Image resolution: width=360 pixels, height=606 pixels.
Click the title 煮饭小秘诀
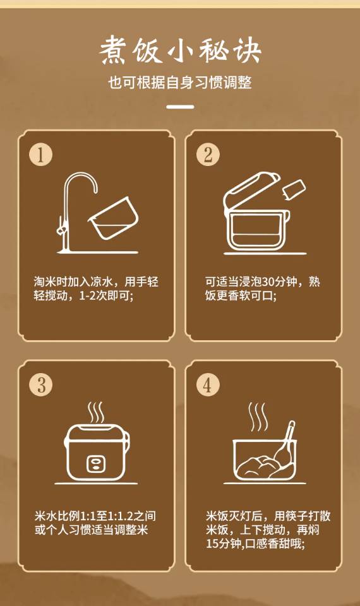[180, 50]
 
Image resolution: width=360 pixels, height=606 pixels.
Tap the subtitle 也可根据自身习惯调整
[180, 83]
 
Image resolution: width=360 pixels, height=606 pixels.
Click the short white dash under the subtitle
[180, 106]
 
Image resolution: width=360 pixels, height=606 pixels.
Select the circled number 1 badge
[40, 155]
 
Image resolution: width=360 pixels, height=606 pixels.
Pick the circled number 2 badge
[208, 155]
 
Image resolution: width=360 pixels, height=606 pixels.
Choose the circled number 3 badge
[40, 385]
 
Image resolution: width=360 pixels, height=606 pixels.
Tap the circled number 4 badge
[208, 385]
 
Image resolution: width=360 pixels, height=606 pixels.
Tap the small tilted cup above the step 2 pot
[294, 191]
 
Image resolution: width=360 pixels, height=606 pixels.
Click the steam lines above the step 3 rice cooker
[95, 412]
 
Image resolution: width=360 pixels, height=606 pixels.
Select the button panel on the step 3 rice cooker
[95, 463]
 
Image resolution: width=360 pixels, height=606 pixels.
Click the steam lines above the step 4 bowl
[258, 417]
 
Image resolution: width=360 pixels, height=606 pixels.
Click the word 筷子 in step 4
[297, 516]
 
